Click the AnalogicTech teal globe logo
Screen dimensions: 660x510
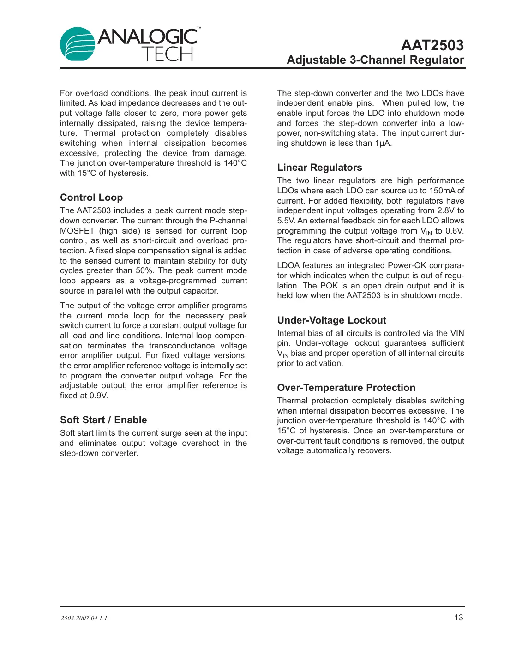(x=78, y=44)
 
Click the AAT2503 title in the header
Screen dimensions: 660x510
(x=432, y=45)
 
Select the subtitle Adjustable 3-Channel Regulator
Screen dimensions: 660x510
(x=375, y=60)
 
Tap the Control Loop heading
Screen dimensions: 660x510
(x=91, y=198)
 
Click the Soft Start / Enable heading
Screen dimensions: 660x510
(x=103, y=420)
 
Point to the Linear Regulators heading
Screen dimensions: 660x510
(x=319, y=168)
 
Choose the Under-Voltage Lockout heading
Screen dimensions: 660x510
(x=331, y=320)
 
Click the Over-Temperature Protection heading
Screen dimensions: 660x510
(x=346, y=388)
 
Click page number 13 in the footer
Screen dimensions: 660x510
(x=458, y=618)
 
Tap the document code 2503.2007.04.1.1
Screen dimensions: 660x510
(x=84, y=618)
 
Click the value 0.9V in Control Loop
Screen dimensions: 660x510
(x=98, y=396)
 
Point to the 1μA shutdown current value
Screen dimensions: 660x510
(x=383, y=143)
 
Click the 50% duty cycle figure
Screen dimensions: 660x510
(x=144, y=270)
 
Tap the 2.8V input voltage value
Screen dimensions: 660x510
(x=445, y=210)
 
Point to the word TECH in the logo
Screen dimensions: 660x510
(x=167, y=54)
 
